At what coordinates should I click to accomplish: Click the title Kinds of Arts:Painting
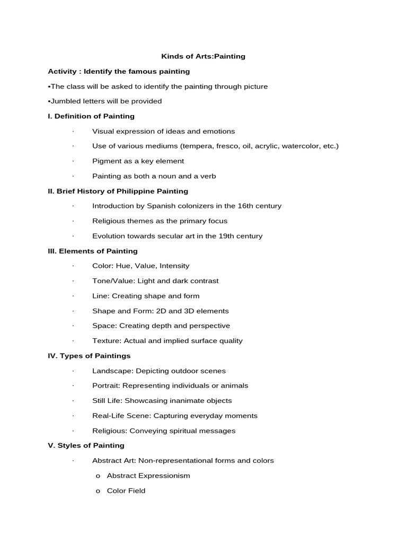(x=203, y=56)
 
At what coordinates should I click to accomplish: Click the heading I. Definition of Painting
(x=91, y=116)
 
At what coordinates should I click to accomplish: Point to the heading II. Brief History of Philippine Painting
(x=118, y=191)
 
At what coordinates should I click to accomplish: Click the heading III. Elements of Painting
(x=93, y=251)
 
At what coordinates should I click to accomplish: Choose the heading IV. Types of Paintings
(x=89, y=356)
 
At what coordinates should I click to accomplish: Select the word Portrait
(x=106, y=386)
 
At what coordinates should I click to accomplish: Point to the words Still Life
(x=107, y=400)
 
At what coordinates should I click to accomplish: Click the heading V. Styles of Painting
(x=86, y=445)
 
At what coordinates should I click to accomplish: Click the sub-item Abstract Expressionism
(x=148, y=476)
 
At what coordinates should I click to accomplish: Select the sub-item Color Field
(x=126, y=491)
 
